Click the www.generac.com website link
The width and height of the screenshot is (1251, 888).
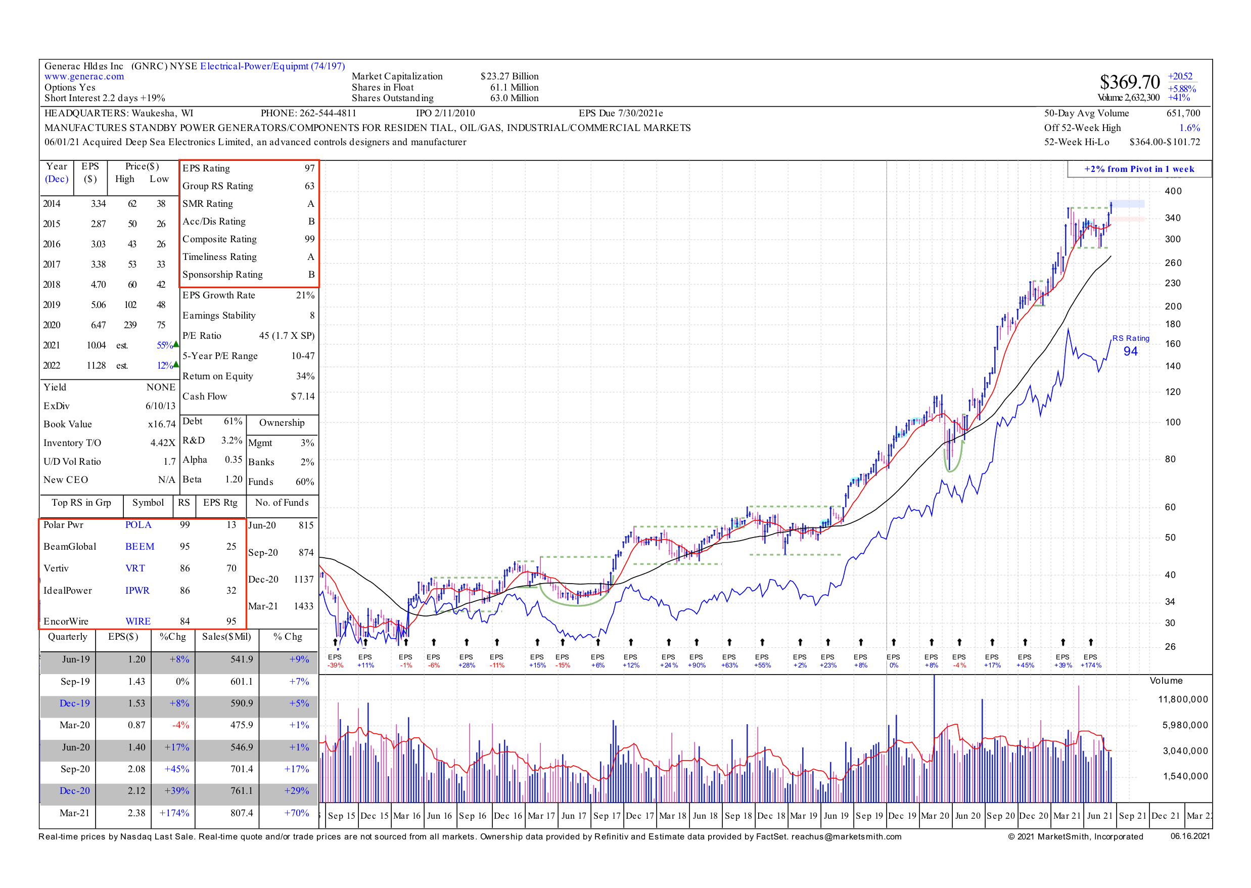(x=84, y=76)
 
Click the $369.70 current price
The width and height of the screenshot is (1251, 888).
(x=1129, y=82)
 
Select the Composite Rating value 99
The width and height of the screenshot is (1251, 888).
(x=309, y=239)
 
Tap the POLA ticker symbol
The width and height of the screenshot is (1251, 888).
(x=138, y=525)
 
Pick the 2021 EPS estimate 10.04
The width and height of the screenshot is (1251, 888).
(x=96, y=345)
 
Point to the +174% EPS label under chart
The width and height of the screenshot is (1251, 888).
(x=1090, y=665)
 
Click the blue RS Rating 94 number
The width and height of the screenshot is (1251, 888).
(x=1130, y=351)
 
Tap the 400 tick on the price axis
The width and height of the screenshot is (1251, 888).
(x=1173, y=191)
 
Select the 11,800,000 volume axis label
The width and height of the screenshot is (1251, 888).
(x=1183, y=699)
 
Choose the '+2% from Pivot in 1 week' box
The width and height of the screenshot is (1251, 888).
(x=1139, y=169)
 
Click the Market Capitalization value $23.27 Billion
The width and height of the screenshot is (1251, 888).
(x=509, y=76)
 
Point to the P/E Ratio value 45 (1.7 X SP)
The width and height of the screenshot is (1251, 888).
(x=287, y=336)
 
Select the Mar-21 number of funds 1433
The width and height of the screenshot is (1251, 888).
(x=303, y=606)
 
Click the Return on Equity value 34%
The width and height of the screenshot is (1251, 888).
(x=305, y=376)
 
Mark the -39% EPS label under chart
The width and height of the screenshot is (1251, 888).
(x=335, y=665)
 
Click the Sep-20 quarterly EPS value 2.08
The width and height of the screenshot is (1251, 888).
(x=136, y=769)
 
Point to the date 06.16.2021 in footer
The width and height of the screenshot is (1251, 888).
(x=1190, y=836)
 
